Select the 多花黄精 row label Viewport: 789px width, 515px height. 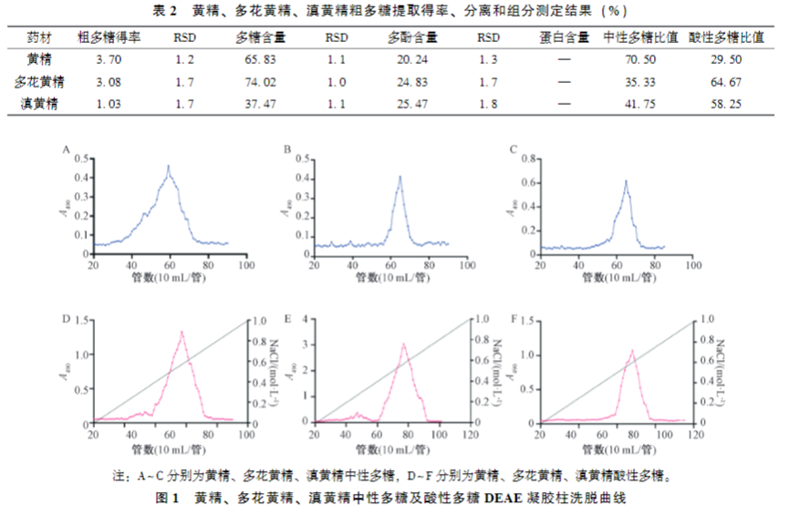pyautogui.click(x=39, y=82)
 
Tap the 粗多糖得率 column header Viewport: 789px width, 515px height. pyautogui.click(x=109, y=38)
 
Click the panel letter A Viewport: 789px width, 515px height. pyautogui.click(x=66, y=149)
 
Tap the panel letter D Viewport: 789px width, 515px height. pyautogui.click(x=66, y=320)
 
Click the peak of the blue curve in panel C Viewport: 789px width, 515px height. pyautogui.click(x=626, y=180)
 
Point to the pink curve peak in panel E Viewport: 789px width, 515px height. pyautogui.click(x=404, y=344)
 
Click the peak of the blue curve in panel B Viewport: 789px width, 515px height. pyautogui.click(x=400, y=177)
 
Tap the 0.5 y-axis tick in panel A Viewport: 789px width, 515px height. pyautogui.click(x=84, y=157)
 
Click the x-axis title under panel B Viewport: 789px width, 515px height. pyautogui.click(x=390, y=280)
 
